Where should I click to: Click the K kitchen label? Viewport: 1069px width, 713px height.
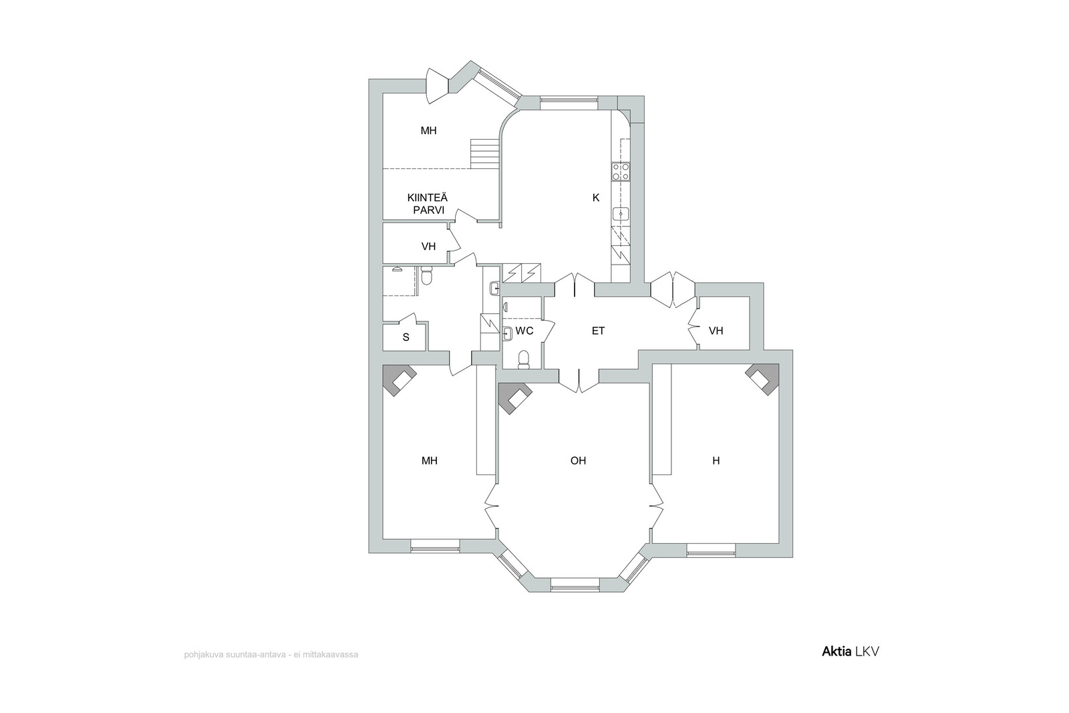point(595,198)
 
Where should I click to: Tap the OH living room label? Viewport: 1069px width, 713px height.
point(578,460)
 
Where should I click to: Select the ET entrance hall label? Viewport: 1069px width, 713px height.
point(598,331)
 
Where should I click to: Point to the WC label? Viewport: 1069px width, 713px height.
point(524,331)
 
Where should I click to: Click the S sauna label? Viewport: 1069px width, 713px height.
point(406,337)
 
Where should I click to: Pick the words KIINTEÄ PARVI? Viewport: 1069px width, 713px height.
point(428,204)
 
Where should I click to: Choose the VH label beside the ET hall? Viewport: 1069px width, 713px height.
point(716,331)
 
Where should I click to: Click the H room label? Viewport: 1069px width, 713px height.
point(716,460)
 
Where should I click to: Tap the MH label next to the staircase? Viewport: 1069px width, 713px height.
point(428,131)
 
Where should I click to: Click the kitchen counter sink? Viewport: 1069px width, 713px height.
point(621,213)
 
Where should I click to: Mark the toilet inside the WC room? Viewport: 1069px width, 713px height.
point(524,360)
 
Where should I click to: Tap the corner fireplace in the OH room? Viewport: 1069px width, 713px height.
point(514,398)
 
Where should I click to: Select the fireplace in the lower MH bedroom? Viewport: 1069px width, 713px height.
point(399,380)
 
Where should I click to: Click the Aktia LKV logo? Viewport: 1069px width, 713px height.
point(851,652)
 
